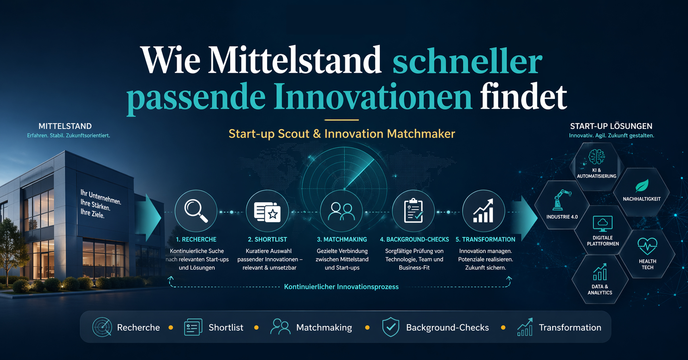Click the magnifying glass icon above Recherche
pyautogui.click(x=196, y=211)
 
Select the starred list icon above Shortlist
pyautogui.click(x=267, y=211)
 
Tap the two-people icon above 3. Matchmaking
pyautogui.click(x=341, y=211)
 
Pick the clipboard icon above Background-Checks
pyautogui.click(x=413, y=211)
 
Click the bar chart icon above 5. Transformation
pyautogui.click(x=484, y=211)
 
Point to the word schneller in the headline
pyautogui.click(x=467, y=61)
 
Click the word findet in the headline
pyautogui.click(x=523, y=96)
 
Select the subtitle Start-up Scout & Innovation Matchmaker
pyautogui.click(x=342, y=134)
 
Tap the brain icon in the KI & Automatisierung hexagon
pyautogui.click(x=597, y=157)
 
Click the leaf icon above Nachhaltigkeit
pyautogui.click(x=642, y=186)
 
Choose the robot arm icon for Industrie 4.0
pyautogui.click(x=562, y=199)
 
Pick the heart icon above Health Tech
pyautogui.click(x=648, y=246)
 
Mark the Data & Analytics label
pyautogui.click(x=600, y=290)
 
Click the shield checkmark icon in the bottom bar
pyautogui.click(x=391, y=327)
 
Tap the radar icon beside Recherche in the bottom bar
pyautogui.click(x=102, y=327)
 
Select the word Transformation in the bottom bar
pyautogui.click(x=570, y=327)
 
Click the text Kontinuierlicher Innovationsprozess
pyautogui.click(x=341, y=287)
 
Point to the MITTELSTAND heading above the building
pyautogui.click(x=65, y=126)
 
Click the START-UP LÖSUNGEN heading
pyautogui.click(x=611, y=126)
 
